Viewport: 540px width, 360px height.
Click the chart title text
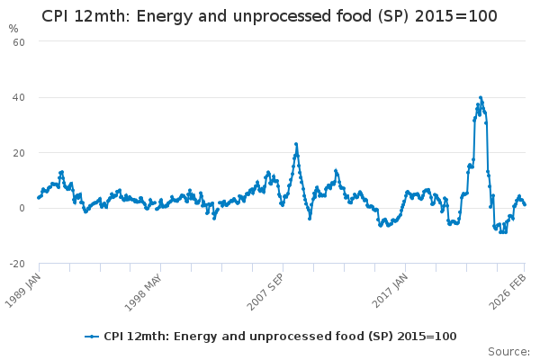269,16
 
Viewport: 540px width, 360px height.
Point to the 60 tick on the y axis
19,42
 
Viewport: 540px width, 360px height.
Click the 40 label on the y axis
19,97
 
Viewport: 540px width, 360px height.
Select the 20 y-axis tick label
19,153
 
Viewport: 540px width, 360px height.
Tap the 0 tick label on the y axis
22,208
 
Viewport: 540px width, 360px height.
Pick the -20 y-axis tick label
17,264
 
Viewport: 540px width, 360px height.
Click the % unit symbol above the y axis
13,29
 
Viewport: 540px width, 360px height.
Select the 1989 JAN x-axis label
22,290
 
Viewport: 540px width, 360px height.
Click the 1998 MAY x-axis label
142,292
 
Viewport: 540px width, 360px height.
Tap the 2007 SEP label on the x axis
265,292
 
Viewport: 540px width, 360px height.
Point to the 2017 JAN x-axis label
390,290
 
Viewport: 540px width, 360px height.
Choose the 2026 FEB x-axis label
508,292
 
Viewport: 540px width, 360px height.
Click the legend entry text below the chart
280,337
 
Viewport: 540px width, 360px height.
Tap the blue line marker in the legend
92,337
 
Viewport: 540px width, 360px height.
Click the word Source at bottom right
508,352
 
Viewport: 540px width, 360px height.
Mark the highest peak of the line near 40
481,98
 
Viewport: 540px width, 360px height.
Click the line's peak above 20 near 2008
296,144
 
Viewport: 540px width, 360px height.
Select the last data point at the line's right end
525,204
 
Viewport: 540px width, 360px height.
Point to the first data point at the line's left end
39,198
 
